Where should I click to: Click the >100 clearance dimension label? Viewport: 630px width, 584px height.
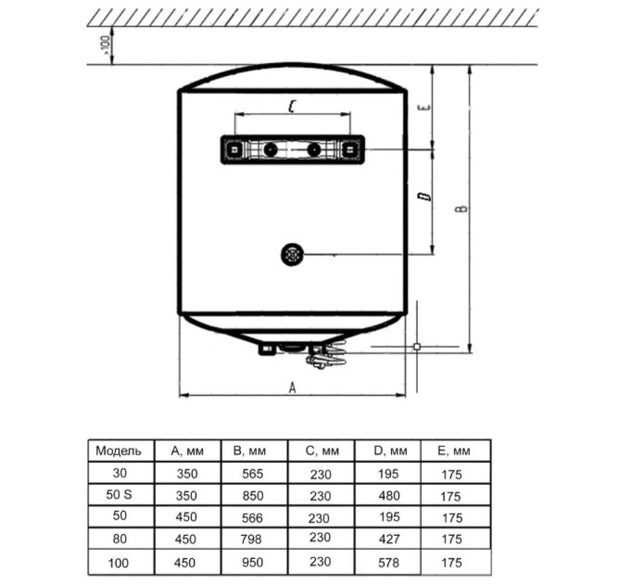(106, 45)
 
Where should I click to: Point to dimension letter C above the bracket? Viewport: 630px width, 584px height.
(292, 107)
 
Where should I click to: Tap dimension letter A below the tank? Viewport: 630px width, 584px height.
(293, 387)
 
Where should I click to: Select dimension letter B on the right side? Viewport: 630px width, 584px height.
(462, 209)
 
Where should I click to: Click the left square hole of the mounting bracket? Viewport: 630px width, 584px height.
(233, 150)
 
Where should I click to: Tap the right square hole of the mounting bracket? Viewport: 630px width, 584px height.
(348, 150)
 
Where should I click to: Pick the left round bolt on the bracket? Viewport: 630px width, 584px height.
(271, 150)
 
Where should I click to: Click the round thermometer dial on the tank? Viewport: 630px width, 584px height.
(292, 255)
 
